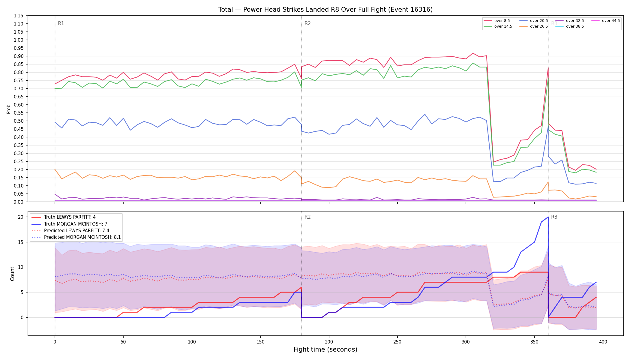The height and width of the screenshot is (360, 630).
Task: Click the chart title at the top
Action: [325, 10]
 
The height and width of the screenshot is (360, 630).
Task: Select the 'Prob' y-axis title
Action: [8, 109]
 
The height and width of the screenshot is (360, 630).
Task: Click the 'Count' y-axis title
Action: [12, 274]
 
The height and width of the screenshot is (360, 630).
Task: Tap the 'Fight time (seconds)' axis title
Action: [325, 349]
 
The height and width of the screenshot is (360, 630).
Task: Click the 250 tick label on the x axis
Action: [397, 342]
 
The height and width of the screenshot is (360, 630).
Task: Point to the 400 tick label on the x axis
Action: [603, 342]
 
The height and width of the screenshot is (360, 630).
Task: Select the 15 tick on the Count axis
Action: [21, 242]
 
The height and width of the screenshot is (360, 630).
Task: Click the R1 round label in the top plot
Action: [61, 23]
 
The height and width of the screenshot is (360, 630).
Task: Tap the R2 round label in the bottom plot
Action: [307, 217]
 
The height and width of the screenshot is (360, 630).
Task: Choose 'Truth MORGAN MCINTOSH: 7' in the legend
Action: [76, 224]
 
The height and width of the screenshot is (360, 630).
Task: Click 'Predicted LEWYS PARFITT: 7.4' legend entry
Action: [76, 231]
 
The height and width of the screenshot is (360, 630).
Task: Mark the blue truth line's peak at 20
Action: [548, 217]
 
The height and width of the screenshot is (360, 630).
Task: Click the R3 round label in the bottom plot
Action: [554, 217]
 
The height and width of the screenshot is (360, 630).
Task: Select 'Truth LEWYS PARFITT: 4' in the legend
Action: [70, 217]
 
